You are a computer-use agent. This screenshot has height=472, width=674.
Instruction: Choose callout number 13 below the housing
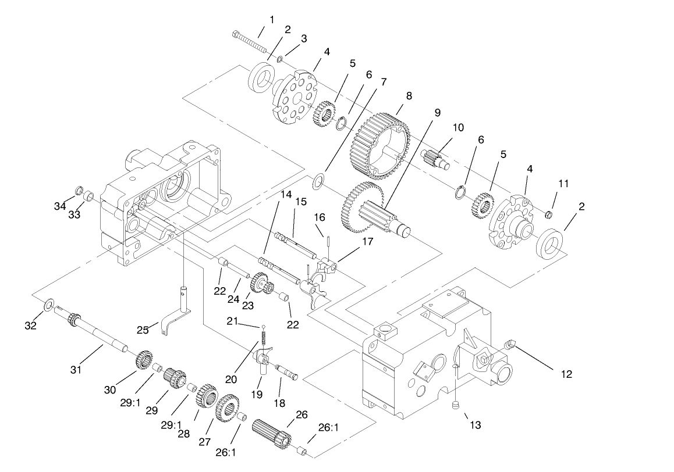[476, 425]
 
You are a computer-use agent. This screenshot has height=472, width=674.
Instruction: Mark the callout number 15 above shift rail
[300, 202]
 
